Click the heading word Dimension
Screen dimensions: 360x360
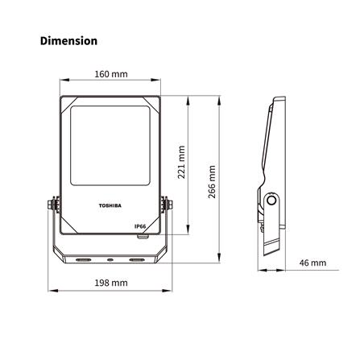coord(68,39)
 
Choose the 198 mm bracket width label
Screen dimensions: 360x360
coord(110,283)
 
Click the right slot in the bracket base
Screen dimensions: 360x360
coord(137,259)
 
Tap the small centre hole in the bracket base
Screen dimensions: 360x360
coord(110,259)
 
